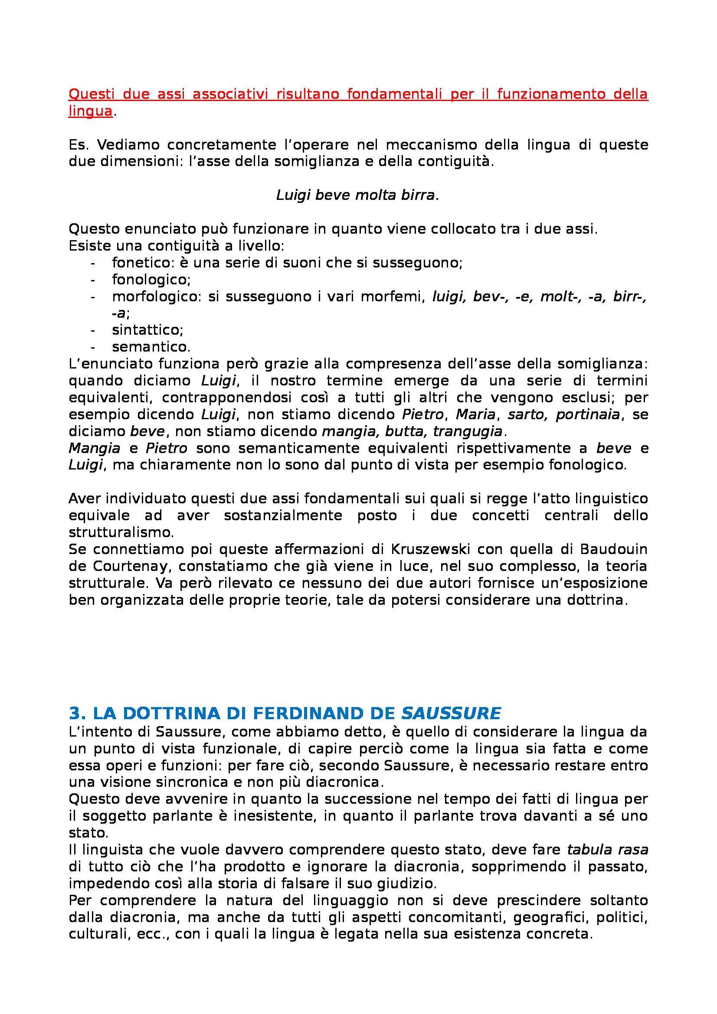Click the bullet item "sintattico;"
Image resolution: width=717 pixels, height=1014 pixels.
pos(147,330)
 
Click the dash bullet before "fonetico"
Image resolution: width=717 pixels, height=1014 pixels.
pos(93,263)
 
